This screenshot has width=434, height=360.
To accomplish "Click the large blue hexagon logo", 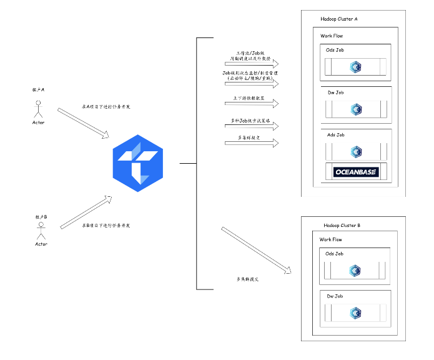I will pos(137,163).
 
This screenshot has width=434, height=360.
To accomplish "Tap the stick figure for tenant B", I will pos(41,231).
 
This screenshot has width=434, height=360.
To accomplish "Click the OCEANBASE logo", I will pos(355,171).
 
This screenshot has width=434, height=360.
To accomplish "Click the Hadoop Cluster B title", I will pos(342,225).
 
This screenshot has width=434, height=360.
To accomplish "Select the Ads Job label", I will pos(335,135).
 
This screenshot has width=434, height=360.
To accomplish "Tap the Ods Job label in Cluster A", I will pos(336,51).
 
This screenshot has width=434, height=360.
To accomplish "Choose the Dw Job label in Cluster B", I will pos(334,296).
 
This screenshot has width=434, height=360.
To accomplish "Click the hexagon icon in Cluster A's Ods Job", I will pos(356,66).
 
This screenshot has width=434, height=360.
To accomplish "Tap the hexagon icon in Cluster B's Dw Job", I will pos(355,312).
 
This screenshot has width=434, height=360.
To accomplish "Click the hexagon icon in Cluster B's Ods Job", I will pos(355,270).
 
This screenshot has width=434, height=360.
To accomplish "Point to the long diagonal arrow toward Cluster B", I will pos(257,251).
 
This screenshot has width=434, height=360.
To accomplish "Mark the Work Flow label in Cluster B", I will pos(331,239).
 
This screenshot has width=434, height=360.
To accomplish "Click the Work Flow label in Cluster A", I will pos(332,36).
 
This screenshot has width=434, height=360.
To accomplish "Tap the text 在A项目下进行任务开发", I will pos(106,107).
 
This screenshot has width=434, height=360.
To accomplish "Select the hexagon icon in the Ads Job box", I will pos(356,151).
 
